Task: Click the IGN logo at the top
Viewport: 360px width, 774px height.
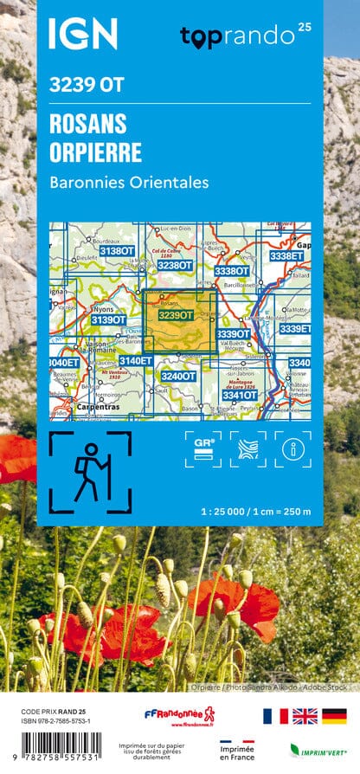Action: tap(82, 34)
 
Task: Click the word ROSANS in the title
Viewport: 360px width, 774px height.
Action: tap(88, 123)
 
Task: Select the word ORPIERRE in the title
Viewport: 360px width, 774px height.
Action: tap(96, 153)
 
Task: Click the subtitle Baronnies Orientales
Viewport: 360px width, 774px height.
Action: tap(130, 183)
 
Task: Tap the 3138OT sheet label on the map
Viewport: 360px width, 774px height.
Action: tap(117, 251)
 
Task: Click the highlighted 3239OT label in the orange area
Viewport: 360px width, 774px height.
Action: tap(176, 316)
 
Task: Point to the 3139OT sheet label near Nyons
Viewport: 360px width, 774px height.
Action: tap(108, 320)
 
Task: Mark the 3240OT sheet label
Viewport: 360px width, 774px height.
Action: tap(177, 376)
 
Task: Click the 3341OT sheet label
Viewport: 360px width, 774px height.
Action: tap(239, 396)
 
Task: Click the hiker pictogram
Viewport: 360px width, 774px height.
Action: tap(90, 471)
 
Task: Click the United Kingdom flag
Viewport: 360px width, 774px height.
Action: tap(304, 716)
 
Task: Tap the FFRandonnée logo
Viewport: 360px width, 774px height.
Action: tap(179, 715)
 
